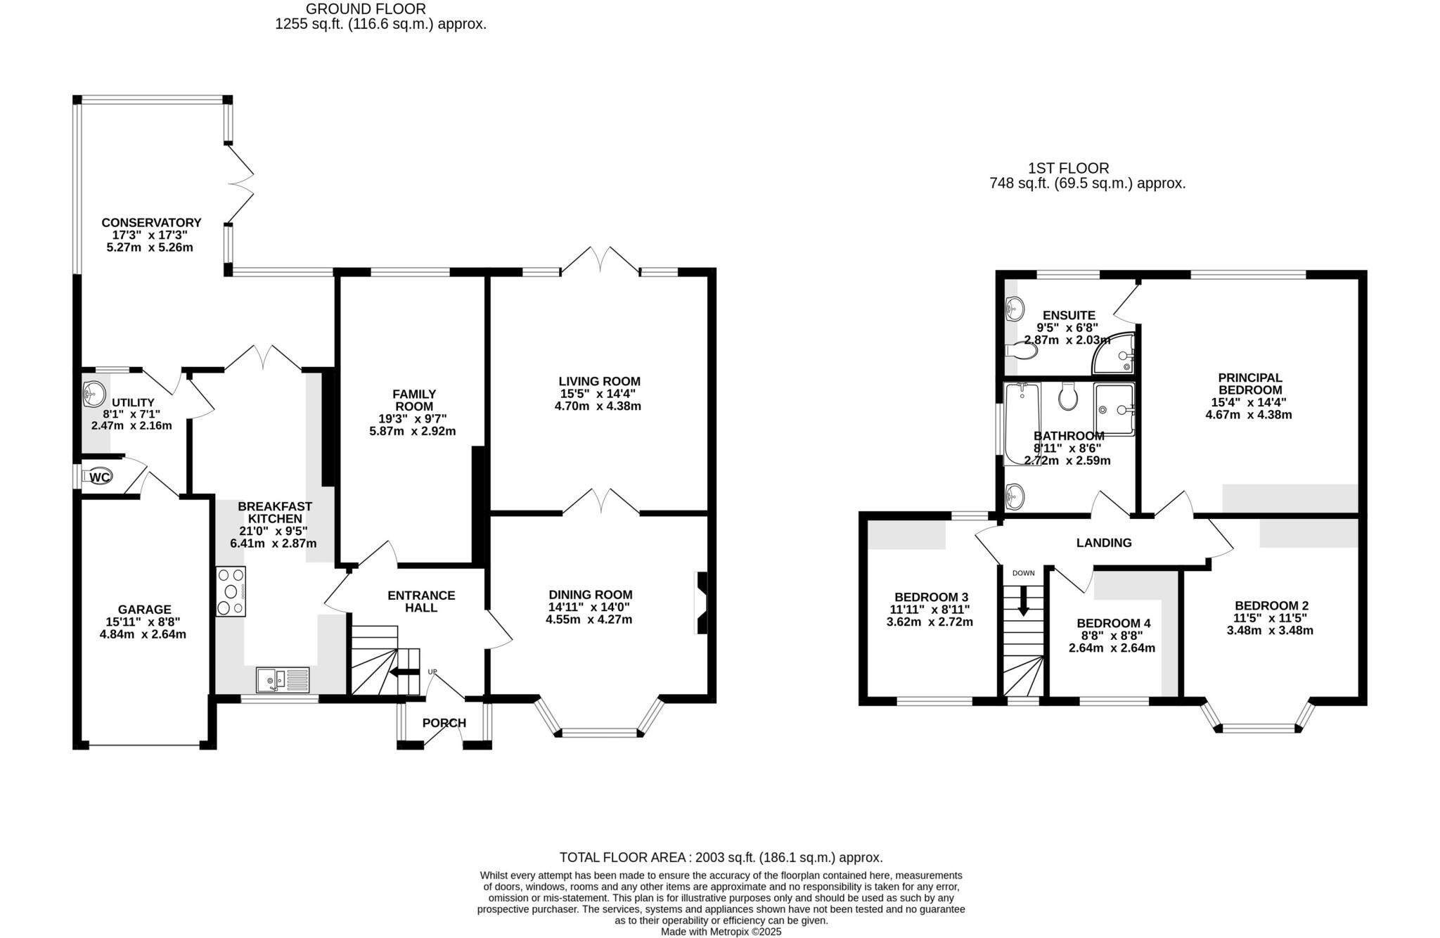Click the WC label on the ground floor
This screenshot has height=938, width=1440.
[100, 477]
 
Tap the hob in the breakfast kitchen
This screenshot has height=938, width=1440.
[231, 591]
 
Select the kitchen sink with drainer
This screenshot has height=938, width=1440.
[283, 679]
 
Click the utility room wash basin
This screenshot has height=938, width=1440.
[93, 394]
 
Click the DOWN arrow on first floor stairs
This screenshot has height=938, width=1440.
[1023, 601]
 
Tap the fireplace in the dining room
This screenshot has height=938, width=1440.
[702, 603]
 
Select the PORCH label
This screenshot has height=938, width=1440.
[444, 723]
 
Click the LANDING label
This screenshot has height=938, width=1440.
[1104, 543]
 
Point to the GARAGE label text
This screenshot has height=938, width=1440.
[144, 610]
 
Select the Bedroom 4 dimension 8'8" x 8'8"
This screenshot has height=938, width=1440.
[1112, 636]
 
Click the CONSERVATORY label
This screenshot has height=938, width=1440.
[151, 223]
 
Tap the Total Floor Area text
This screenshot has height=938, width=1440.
[721, 857]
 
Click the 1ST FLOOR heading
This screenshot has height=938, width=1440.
[1068, 169]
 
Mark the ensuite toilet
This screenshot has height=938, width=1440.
[1020, 349]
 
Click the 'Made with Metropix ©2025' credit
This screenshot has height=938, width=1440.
[721, 932]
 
